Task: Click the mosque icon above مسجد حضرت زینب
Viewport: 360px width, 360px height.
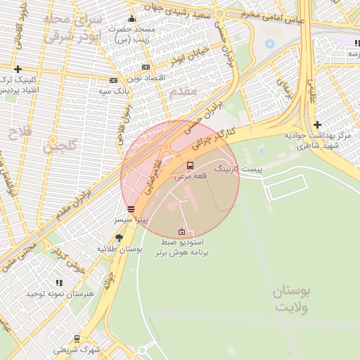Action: (x=131, y=19)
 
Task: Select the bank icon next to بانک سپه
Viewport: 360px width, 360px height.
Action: (x=114, y=80)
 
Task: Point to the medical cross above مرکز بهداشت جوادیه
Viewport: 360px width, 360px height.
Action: (x=317, y=124)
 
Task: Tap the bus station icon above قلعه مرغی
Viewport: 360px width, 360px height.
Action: (x=190, y=165)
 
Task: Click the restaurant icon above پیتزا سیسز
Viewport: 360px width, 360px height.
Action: (x=131, y=209)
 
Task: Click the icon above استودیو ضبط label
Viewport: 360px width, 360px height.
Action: (x=182, y=231)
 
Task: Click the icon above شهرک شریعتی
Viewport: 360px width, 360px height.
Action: (x=76, y=338)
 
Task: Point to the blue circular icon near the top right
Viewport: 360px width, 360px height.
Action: (x=269, y=44)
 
